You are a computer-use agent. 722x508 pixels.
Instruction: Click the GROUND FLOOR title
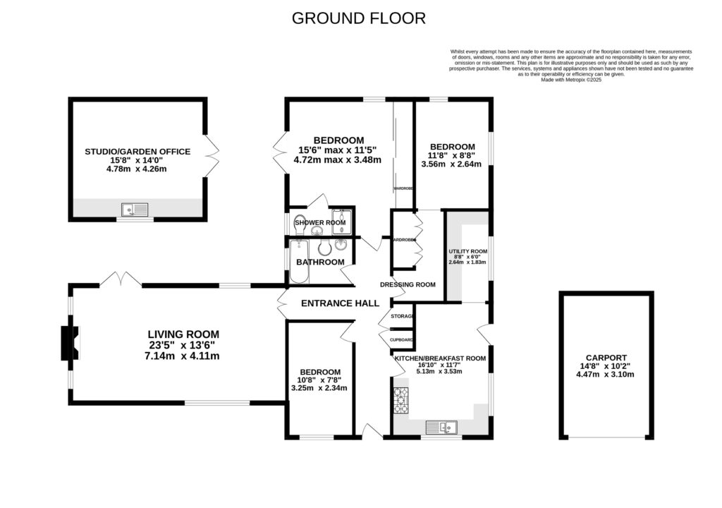click(x=359, y=18)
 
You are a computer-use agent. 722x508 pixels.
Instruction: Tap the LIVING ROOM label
click(x=183, y=334)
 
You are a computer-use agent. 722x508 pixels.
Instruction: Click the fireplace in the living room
click(x=71, y=344)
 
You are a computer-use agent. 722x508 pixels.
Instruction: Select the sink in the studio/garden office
click(x=134, y=209)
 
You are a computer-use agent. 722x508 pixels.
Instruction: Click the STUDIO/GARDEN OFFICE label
click(x=137, y=151)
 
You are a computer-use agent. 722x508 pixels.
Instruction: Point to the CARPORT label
click(x=606, y=358)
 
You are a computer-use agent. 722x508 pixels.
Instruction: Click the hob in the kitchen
click(x=401, y=401)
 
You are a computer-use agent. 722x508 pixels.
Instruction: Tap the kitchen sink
click(x=445, y=427)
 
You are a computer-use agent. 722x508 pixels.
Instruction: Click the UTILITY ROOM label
click(x=468, y=251)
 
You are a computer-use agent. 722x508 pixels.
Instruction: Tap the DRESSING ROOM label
click(x=408, y=285)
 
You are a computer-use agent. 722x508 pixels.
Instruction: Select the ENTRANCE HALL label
click(x=341, y=303)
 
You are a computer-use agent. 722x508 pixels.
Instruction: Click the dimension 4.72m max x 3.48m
click(x=338, y=160)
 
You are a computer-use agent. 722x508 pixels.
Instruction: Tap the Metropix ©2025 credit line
click(x=571, y=80)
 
